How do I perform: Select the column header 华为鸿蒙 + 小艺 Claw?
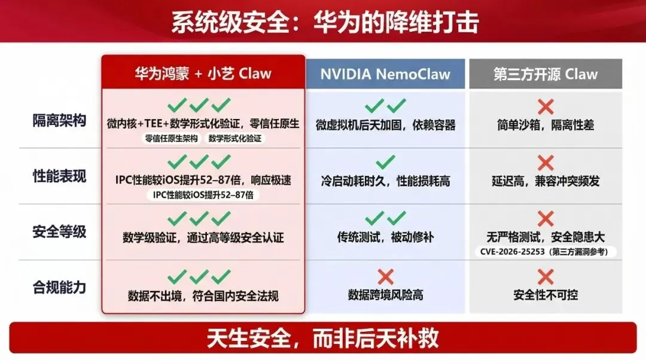coord(203,74)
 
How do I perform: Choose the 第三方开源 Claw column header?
coord(545,74)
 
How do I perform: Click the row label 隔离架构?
coord(59,121)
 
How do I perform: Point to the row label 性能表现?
coord(59,176)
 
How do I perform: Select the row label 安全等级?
coord(59,232)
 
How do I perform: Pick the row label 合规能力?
coord(59,288)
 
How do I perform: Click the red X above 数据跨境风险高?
coord(386,276)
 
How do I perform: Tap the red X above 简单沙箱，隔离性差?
coord(545,107)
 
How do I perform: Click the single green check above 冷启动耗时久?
coord(386,161)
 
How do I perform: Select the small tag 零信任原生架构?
coord(171,138)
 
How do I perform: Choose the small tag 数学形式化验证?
coord(235,138)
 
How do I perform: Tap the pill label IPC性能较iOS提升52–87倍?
coord(203,194)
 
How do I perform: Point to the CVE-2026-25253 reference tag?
coord(544,252)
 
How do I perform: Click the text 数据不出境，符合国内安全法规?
coord(203,295)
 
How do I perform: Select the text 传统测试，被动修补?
coord(386,237)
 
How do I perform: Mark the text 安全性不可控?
coord(546,295)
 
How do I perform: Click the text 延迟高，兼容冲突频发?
coord(545,181)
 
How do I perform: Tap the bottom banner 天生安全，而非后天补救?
coord(323,338)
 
